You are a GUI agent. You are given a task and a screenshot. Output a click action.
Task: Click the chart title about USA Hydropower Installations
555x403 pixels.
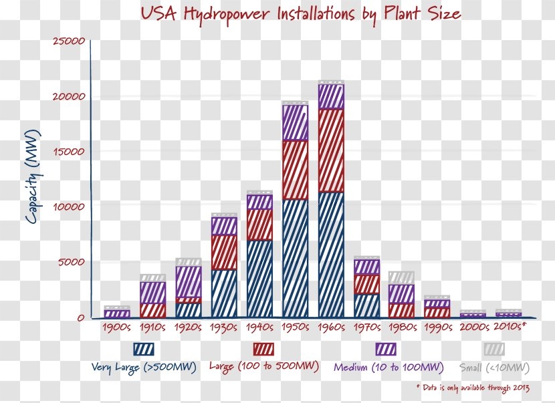[300, 14]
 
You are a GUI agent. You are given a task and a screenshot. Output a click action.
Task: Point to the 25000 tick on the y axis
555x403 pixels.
[69, 41]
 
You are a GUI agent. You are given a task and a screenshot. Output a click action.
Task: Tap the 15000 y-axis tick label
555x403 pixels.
[69, 152]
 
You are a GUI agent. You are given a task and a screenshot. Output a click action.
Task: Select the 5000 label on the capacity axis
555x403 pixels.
[72, 262]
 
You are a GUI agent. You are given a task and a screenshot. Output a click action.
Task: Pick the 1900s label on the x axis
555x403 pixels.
[117, 327]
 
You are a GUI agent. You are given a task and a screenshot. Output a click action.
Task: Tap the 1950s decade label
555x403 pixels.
[295, 327]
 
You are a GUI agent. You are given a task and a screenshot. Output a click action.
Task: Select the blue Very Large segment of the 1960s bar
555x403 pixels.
[331, 254]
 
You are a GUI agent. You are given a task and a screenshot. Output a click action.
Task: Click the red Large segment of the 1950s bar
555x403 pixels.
[295, 170]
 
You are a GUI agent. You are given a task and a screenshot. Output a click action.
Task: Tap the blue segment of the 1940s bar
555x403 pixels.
[259, 278]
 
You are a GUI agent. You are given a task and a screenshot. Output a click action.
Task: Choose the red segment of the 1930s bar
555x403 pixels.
[224, 252]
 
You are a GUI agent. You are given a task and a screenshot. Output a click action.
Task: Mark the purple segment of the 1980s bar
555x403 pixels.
[401, 293]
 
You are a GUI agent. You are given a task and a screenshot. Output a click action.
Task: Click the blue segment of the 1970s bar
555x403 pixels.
[366, 305]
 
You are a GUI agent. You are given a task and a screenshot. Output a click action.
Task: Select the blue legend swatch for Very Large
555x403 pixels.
[143, 349]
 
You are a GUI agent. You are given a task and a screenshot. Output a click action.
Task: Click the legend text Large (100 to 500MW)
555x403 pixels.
[263, 366]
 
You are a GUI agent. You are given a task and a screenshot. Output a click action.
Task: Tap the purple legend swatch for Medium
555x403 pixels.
[386, 349]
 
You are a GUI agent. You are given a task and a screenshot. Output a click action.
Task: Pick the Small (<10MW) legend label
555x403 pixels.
[494, 368]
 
